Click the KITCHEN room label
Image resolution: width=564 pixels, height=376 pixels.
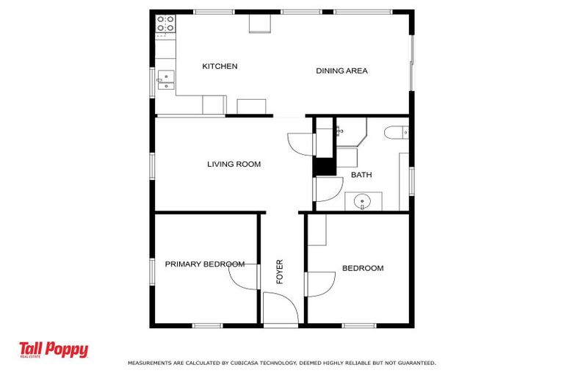[220, 66]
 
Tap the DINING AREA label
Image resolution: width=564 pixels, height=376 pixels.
[341, 71]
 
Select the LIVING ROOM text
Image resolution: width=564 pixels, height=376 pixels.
[234, 164]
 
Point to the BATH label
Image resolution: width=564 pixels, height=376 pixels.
[361, 175]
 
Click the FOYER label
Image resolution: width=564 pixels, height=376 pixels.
[280, 272]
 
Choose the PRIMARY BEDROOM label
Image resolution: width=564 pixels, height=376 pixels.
[205, 264]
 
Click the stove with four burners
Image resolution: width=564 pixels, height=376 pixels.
[165, 23]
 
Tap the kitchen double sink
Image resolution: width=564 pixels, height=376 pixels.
[166, 79]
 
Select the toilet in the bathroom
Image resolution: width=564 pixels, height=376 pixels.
[396, 132]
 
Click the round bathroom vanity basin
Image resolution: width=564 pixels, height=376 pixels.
[362, 200]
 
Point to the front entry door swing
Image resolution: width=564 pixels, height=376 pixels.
[281, 308]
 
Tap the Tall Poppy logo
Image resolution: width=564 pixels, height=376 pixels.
[54, 350]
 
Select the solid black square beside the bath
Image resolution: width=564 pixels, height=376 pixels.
[324, 167]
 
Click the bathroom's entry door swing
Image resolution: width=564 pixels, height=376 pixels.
[328, 189]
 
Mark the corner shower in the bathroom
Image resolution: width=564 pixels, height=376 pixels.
[352, 131]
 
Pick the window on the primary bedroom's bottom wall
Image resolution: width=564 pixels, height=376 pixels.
[208, 325]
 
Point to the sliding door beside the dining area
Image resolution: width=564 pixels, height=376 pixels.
[412, 63]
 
